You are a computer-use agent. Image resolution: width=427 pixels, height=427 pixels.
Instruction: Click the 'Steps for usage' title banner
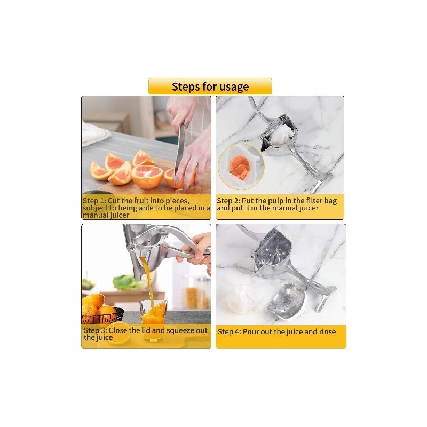tap(210, 86)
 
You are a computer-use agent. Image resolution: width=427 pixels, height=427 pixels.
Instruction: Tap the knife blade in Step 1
tap(180, 153)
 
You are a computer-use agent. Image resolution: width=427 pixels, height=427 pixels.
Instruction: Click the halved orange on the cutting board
tap(147, 176)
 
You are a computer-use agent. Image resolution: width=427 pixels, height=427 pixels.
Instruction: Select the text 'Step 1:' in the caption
tap(94, 201)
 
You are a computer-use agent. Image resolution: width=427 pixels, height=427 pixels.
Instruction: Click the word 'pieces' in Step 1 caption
tap(176, 201)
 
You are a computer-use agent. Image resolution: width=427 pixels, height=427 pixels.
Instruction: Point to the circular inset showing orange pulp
tap(241, 167)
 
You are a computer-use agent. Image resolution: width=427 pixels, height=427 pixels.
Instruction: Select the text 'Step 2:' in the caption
tap(228, 201)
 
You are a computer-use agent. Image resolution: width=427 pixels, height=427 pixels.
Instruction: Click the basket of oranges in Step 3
tap(101, 313)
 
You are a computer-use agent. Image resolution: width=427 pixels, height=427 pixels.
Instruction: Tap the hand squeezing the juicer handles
tap(196, 249)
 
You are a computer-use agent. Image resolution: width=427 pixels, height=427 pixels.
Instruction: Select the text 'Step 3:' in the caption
tap(96, 330)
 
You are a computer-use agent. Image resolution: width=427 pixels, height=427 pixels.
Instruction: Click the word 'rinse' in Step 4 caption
tap(327, 331)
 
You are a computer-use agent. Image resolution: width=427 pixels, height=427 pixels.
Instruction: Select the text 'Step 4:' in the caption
tap(230, 331)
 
